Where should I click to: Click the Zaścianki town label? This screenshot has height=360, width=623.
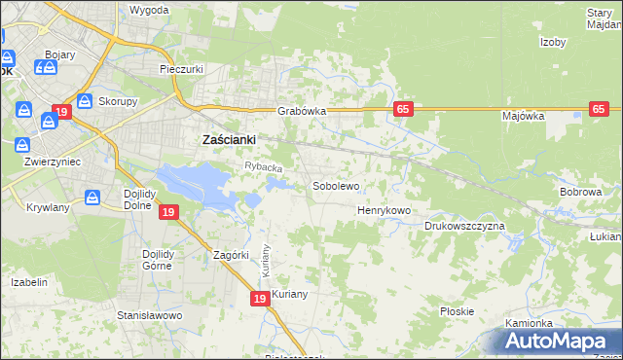[x=228, y=139]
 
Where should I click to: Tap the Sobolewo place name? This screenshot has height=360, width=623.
[x=336, y=185]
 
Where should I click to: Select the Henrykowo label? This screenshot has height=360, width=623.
[x=385, y=210]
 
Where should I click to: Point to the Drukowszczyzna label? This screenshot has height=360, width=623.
[x=464, y=226]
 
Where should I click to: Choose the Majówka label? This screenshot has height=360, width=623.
[x=523, y=116]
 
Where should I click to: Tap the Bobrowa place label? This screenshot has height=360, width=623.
[x=580, y=193]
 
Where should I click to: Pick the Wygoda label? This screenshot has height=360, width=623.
[x=149, y=10]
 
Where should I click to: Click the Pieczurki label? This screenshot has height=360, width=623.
[x=180, y=70]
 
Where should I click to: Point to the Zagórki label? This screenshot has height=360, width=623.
[x=233, y=255]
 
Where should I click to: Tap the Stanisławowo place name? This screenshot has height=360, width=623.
[x=150, y=315]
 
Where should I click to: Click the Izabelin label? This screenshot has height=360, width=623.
[x=28, y=282]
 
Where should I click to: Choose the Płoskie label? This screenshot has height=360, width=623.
[x=457, y=311]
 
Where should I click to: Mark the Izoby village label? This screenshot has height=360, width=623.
[x=553, y=42]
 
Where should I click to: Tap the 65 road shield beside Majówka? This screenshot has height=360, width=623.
[x=600, y=110]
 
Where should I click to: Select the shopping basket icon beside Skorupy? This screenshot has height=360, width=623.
[x=85, y=100]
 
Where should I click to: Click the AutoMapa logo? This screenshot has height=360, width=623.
[x=559, y=341]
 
